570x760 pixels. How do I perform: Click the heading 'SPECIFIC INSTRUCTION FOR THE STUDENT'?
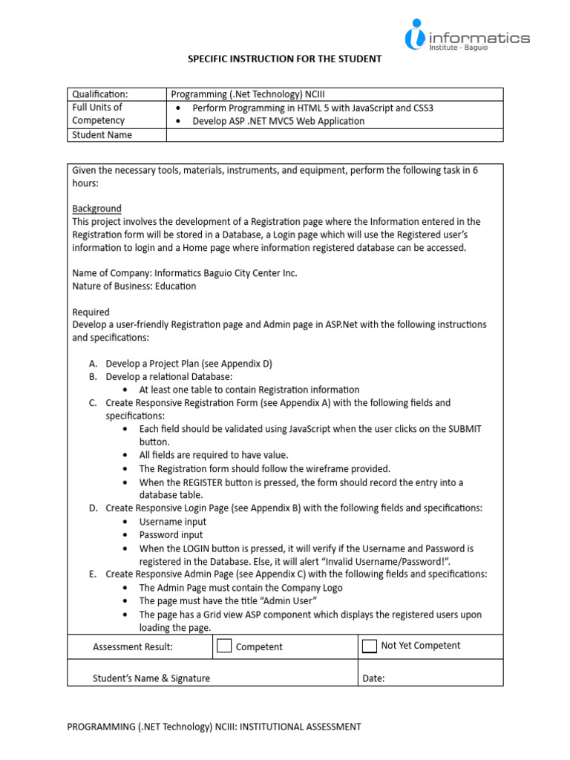[x=284, y=59]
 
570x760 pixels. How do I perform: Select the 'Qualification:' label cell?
[x=100, y=94]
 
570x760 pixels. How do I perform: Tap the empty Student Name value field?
[x=335, y=134]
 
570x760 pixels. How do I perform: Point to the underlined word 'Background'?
[x=96, y=209]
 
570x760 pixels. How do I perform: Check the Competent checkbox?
[x=224, y=646]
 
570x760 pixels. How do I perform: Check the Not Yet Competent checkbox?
[x=369, y=646]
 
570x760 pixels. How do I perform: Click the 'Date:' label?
[x=373, y=678]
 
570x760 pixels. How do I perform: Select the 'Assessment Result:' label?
[x=133, y=646]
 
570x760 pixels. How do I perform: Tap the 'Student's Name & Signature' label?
[x=151, y=678]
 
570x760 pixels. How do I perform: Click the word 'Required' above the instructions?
[x=91, y=312]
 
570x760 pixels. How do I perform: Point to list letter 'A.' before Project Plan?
[x=93, y=364]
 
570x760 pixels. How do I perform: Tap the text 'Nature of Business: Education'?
[x=134, y=286]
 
